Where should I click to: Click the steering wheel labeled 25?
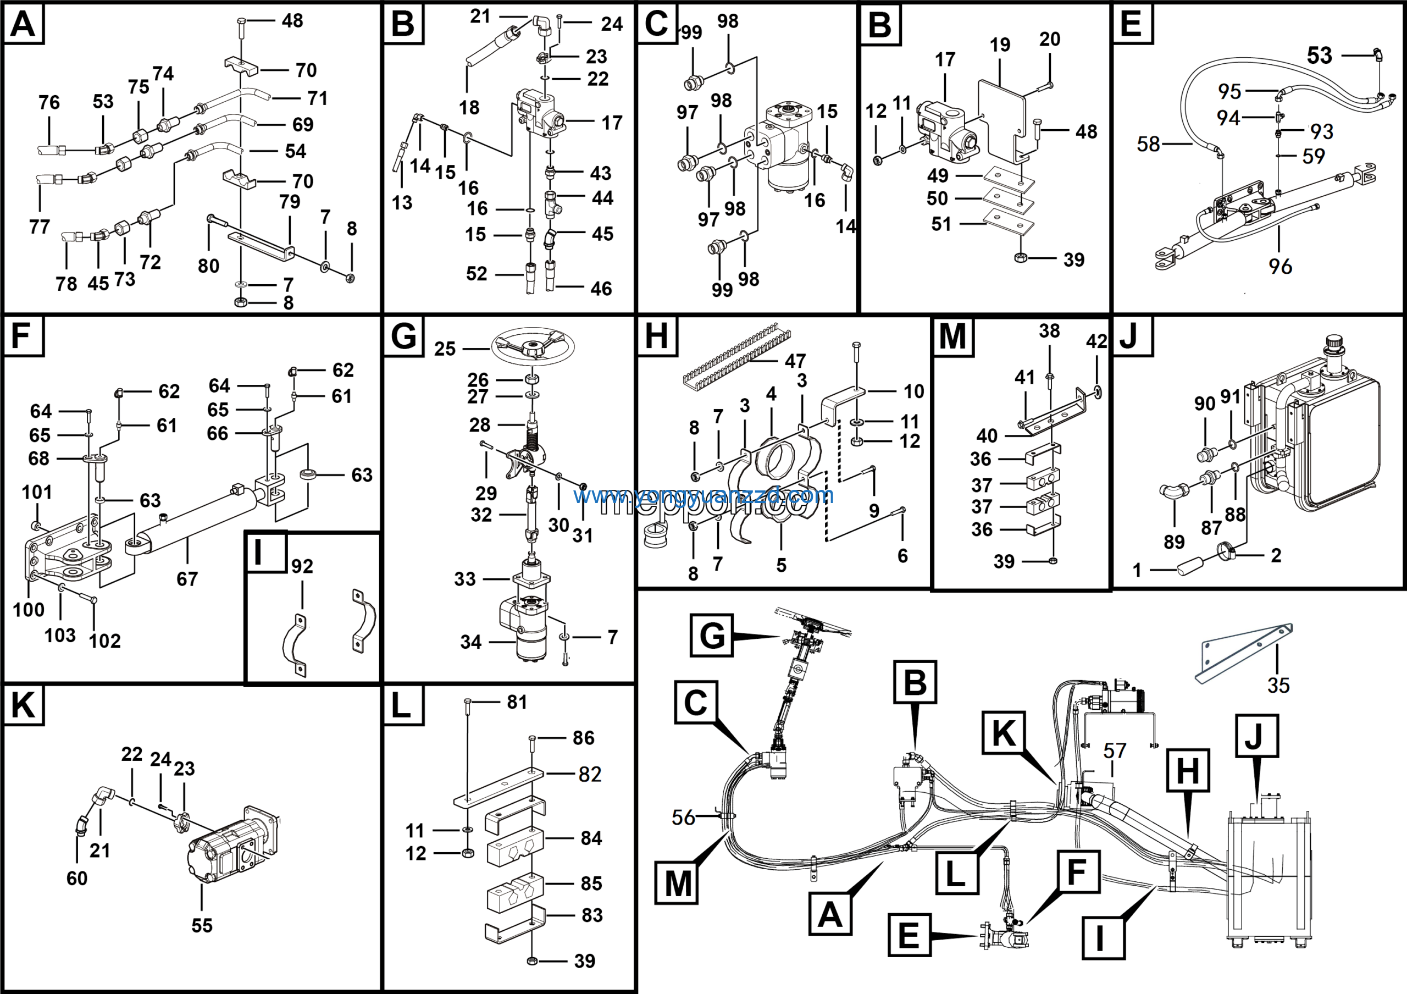click(x=532, y=347)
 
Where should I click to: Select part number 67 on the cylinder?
click(x=187, y=578)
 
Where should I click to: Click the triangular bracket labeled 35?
click(x=1244, y=653)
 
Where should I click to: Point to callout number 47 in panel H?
click(x=795, y=361)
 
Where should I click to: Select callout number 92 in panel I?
click(x=302, y=566)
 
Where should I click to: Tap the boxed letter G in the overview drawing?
click(x=711, y=636)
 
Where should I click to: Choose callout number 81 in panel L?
click(x=517, y=702)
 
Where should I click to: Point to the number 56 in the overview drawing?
click(x=683, y=817)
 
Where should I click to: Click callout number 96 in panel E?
click(x=1280, y=267)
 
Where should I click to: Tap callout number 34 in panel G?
click(x=470, y=642)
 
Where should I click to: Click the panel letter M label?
click(x=952, y=336)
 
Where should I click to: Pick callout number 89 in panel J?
click(x=1174, y=542)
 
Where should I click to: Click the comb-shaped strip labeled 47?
click(x=735, y=358)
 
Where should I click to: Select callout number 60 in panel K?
click(x=76, y=878)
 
